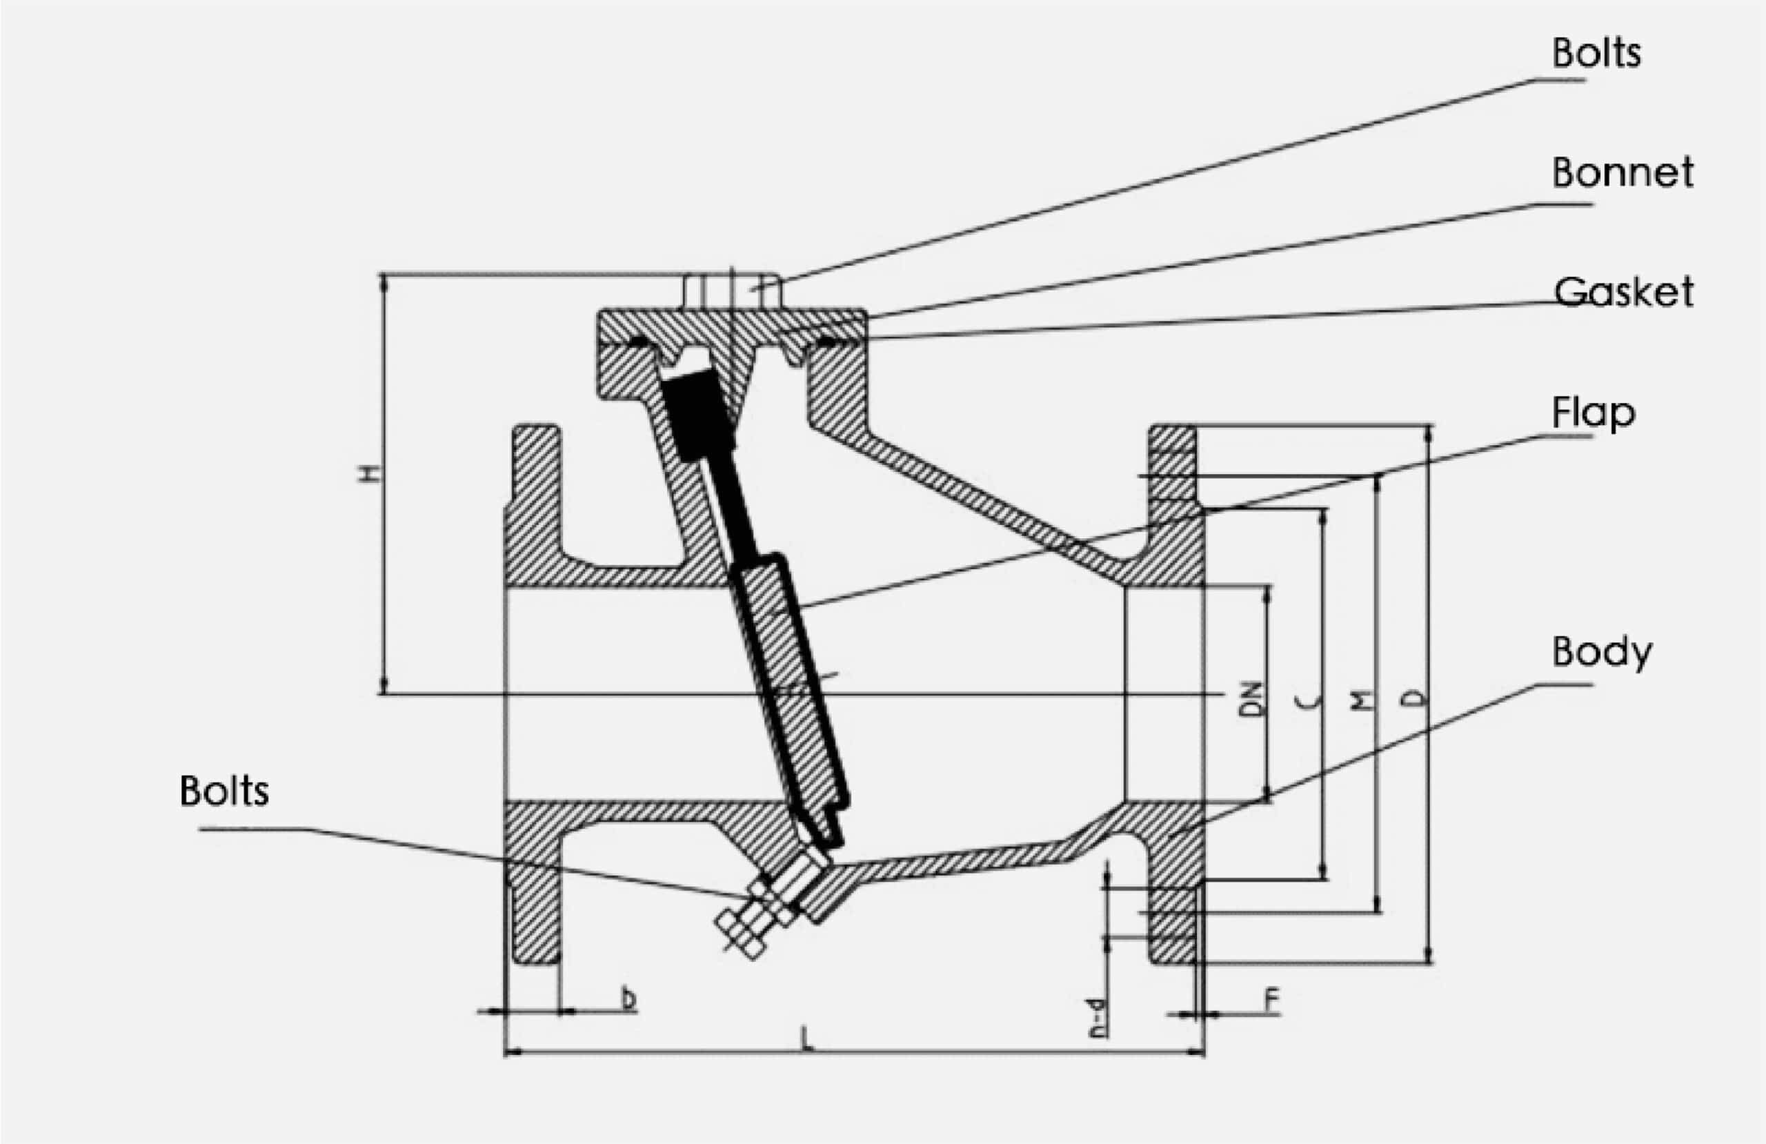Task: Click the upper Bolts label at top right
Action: [1596, 53]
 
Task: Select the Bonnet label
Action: [1622, 172]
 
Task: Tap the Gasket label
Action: [1623, 292]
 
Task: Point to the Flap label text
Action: [1592, 412]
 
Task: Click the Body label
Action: [1601, 652]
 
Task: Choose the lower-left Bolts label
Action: [224, 791]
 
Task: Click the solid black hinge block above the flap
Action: [697, 416]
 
